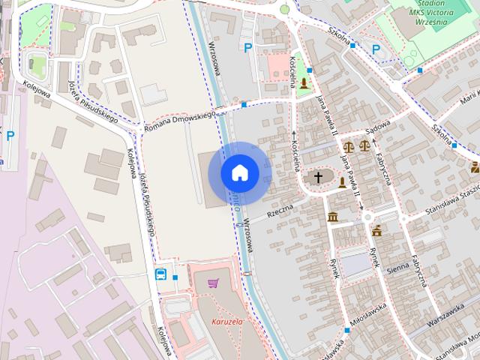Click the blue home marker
[x=240, y=173]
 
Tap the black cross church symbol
[x=318, y=178]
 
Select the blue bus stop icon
[x=161, y=274]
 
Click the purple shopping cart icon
[x=214, y=283]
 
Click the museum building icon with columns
[x=332, y=217]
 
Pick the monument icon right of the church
[x=342, y=182]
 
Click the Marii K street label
[x=468, y=97]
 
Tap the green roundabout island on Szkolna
[x=284, y=9]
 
